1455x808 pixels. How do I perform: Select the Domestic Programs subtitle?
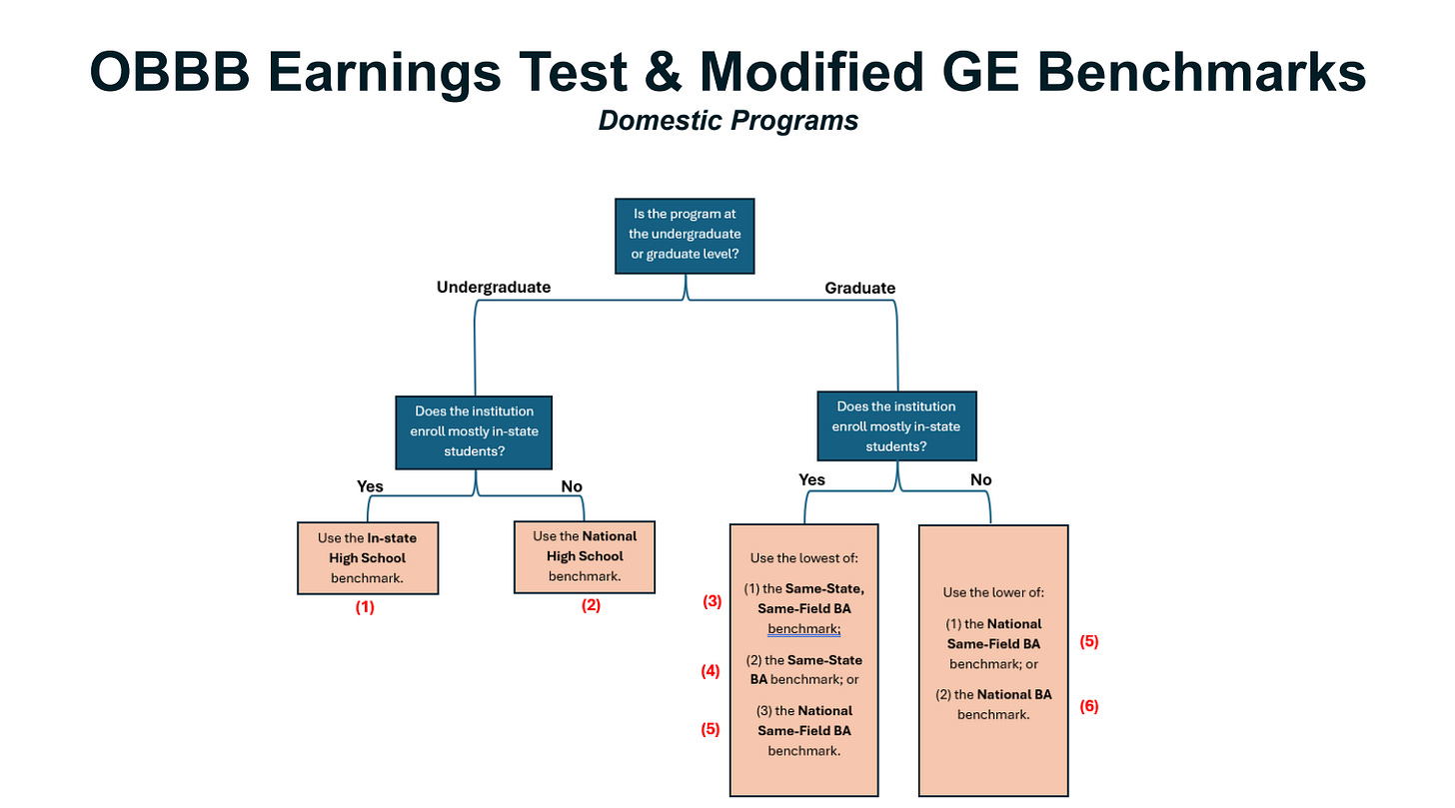click(x=727, y=121)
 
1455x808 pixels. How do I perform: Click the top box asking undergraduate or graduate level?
click(x=685, y=235)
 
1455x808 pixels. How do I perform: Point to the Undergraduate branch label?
click(x=494, y=288)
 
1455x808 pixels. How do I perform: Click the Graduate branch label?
click(x=859, y=288)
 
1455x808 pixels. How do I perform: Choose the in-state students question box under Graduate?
click(x=896, y=426)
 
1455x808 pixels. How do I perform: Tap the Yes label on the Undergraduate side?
click(x=370, y=486)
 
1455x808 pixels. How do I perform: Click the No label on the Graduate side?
click(x=980, y=479)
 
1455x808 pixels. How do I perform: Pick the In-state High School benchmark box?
click(x=367, y=557)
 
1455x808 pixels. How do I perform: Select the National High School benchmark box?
click(x=585, y=556)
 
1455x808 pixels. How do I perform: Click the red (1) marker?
click(x=365, y=606)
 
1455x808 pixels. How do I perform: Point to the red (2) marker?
click(x=591, y=604)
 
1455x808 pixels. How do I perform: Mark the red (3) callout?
click(x=711, y=601)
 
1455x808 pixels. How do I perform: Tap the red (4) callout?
click(x=711, y=671)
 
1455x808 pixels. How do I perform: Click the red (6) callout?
click(x=1088, y=706)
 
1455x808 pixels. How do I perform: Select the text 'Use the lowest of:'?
click(x=803, y=557)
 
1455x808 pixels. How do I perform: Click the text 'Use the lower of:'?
click(x=992, y=592)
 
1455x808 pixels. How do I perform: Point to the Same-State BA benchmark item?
click(x=803, y=669)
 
